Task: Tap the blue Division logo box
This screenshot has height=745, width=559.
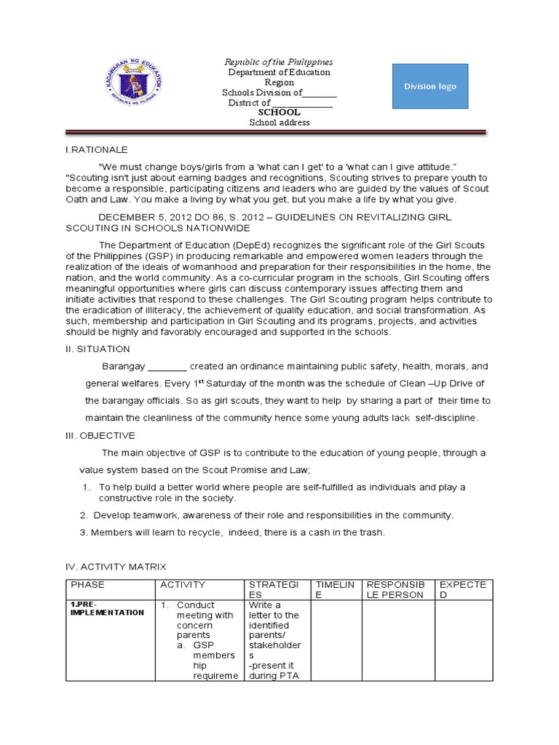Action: tap(430, 87)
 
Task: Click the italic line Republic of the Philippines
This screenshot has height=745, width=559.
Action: tap(278, 62)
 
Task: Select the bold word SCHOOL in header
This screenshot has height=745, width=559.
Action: tap(279, 113)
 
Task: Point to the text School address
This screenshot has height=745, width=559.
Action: tap(279, 123)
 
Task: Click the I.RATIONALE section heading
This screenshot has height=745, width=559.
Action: tap(96, 149)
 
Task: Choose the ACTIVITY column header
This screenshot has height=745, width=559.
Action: tap(183, 585)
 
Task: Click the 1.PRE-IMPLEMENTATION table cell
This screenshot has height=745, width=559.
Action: tap(107, 609)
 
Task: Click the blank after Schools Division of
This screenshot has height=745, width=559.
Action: tap(320, 93)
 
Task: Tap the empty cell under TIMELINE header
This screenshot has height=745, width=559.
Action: tap(336, 640)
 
